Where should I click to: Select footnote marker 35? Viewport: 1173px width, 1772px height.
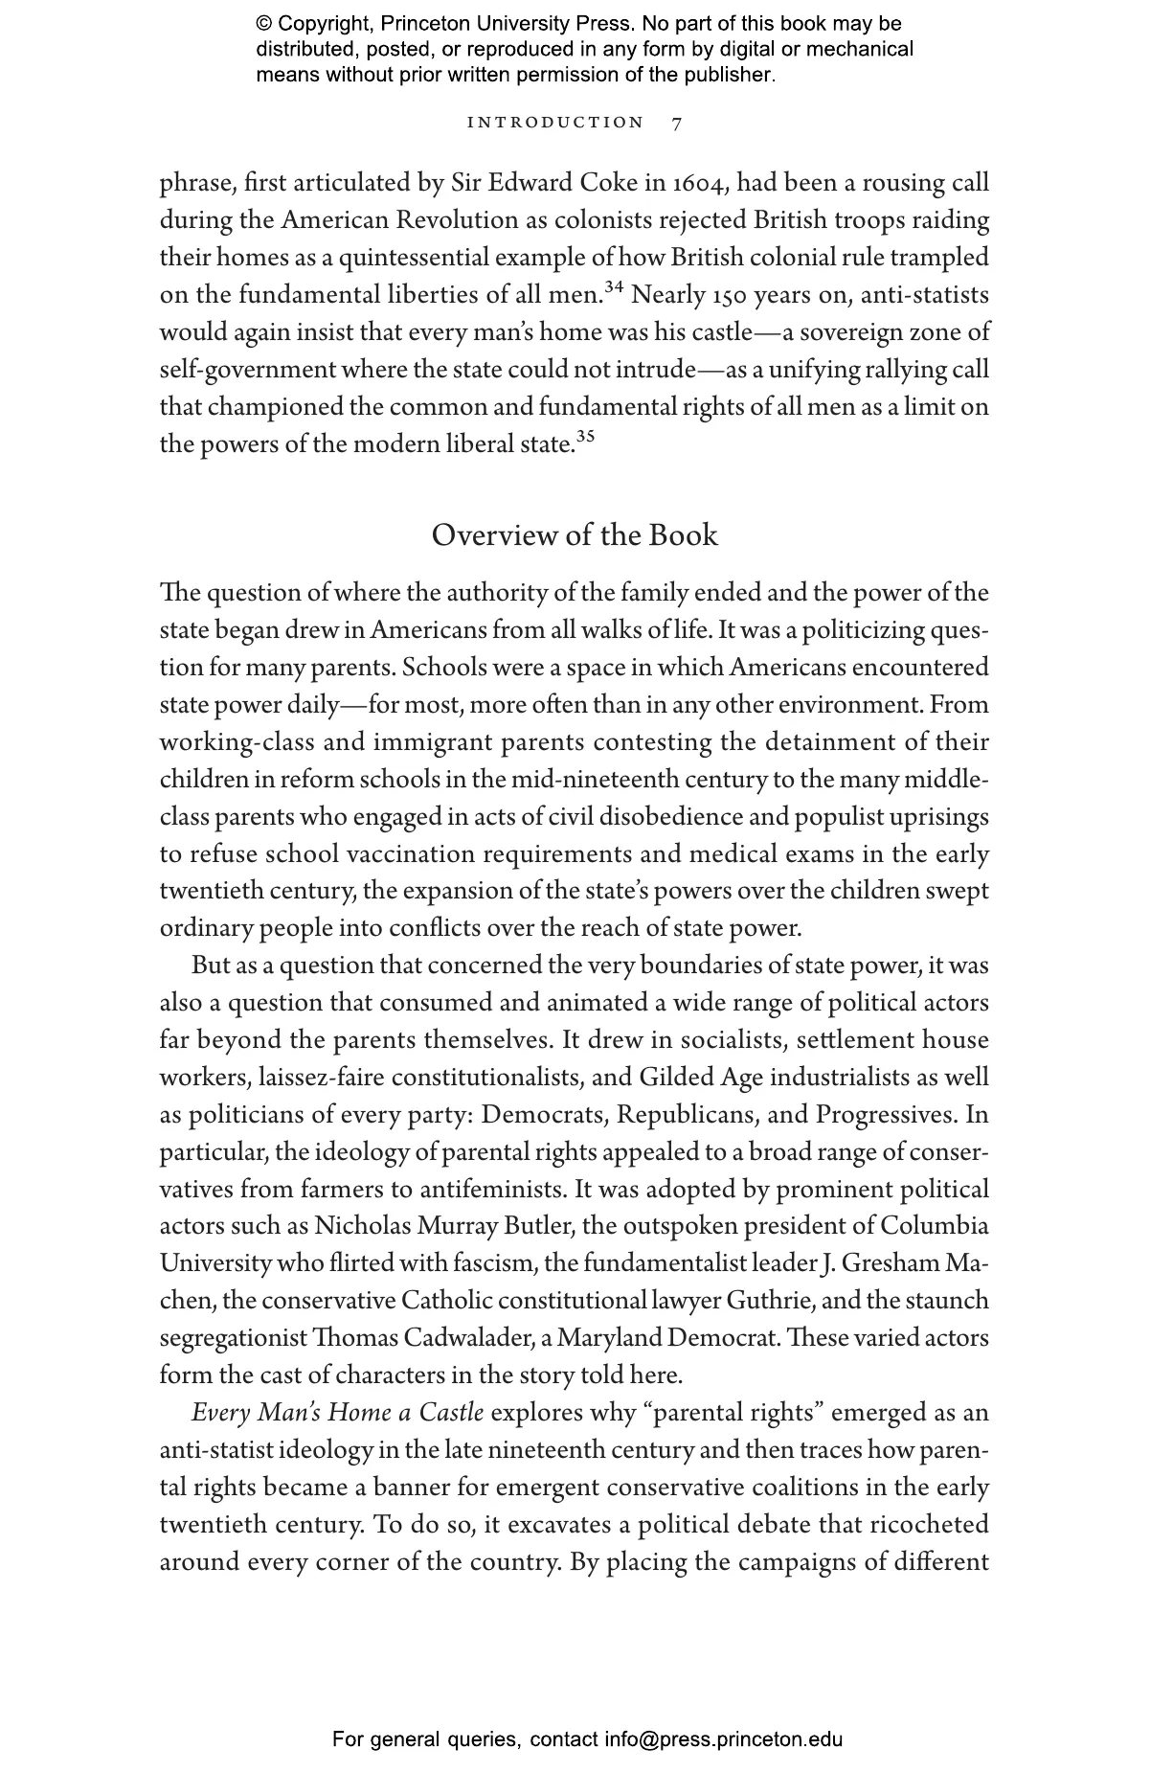(x=585, y=437)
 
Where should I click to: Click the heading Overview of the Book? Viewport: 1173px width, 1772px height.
(x=575, y=534)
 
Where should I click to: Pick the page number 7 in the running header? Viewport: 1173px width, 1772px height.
(x=677, y=123)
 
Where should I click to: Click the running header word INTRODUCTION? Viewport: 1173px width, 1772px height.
(x=555, y=123)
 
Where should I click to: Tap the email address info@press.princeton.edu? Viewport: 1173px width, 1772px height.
(x=723, y=1739)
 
